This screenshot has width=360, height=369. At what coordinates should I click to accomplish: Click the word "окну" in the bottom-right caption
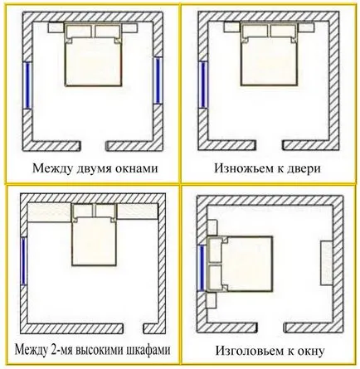[311, 352]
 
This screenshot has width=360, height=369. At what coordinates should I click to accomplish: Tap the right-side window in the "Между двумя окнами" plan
[158, 80]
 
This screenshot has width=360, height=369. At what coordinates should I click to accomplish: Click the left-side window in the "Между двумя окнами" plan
[27, 85]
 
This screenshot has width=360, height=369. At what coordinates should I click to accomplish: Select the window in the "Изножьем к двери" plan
[203, 85]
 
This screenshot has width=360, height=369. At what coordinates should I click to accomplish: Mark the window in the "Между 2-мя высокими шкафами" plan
[24, 261]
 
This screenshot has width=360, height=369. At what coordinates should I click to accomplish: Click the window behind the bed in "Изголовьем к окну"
[202, 268]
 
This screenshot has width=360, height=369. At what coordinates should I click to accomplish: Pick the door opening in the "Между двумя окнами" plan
[94, 146]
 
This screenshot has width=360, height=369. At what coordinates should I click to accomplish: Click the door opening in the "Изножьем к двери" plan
[269, 145]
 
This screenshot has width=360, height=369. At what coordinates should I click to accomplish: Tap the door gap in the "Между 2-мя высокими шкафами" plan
[133, 328]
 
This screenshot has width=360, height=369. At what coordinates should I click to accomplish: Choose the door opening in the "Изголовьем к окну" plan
[270, 327]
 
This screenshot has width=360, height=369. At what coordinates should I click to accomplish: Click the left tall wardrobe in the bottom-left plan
[50, 212]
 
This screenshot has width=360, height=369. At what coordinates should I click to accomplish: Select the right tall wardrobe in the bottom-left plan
[138, 211]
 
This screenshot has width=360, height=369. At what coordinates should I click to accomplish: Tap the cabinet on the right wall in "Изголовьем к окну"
[326, 263]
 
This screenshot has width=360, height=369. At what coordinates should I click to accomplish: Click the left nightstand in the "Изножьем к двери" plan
[232, 28]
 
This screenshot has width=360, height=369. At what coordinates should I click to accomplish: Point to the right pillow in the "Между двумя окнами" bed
[107, 31]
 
